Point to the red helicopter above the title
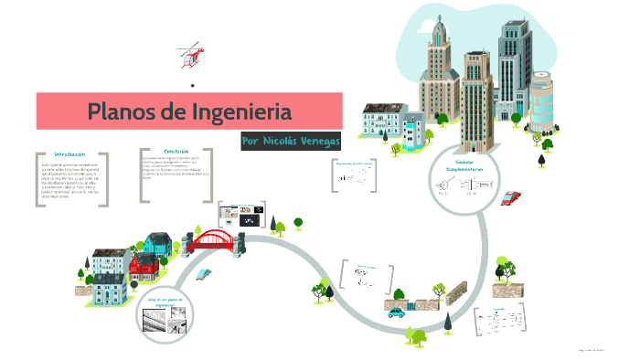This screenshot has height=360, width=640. (190, 54)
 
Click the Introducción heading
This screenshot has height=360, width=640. (69, 154)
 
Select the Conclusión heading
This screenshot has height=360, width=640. (176, 151)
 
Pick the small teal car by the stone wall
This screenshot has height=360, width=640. (396, 312)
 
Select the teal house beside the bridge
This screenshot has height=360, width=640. (157, 243)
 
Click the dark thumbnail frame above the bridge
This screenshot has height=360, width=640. (241, 216)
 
